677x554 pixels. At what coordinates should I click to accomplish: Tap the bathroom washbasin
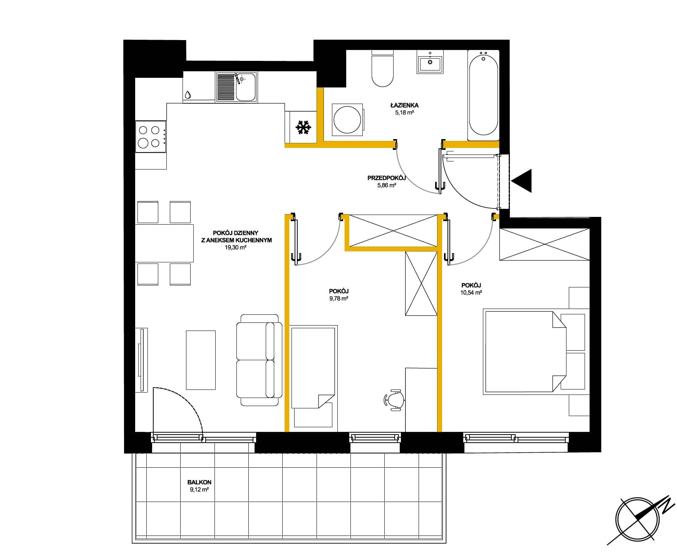pos(430,62)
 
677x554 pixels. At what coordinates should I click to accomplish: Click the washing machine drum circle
pos(347,120)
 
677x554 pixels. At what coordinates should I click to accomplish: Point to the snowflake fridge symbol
pos(303,128)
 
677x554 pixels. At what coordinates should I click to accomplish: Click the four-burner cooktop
pos(151,137)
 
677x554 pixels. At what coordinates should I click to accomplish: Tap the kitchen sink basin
pos(245,87)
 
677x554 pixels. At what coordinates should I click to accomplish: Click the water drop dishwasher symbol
pos(188,94)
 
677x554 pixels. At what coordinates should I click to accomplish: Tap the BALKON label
pos(199,482)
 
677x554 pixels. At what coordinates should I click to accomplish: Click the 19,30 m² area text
pos(236,248)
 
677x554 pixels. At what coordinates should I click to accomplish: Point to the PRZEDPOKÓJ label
pos(387,178)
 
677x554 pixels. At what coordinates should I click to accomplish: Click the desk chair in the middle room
pos(394,400)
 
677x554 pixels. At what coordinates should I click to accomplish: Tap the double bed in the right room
pos(525,352)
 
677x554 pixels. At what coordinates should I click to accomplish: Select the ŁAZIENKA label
pos(404,105)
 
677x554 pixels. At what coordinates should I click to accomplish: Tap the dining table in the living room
pos(164,243)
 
